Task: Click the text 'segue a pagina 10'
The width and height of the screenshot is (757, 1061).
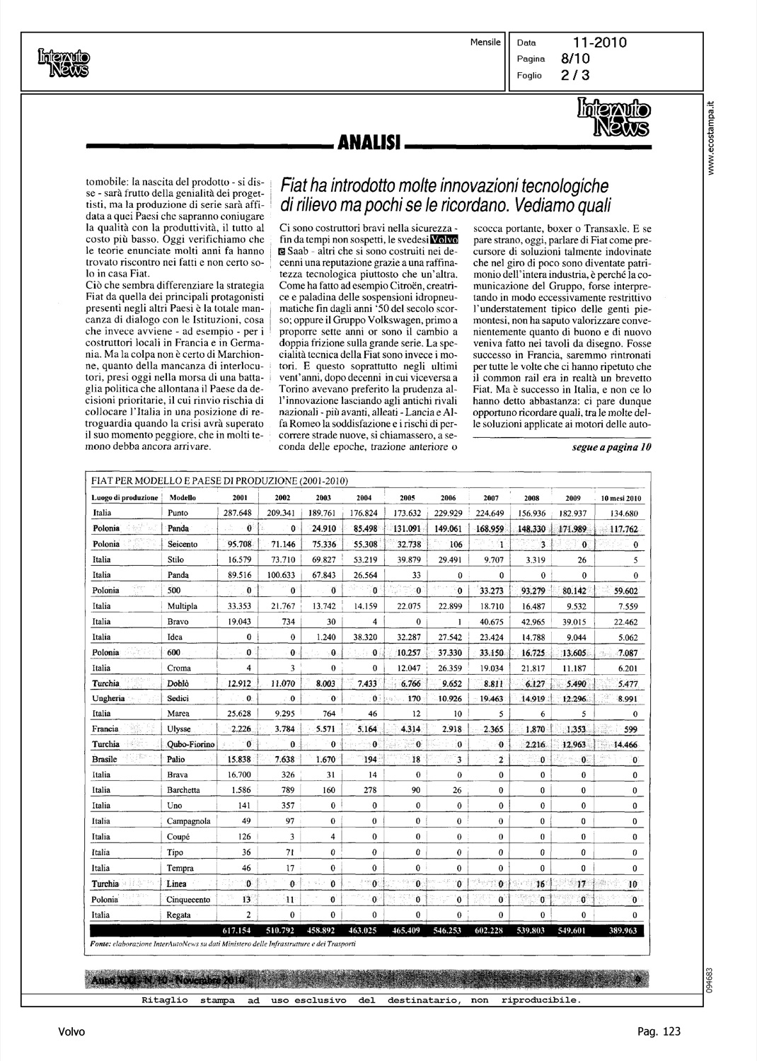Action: click(x=611, y=447)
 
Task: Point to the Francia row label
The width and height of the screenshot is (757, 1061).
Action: click(x=105, y=729)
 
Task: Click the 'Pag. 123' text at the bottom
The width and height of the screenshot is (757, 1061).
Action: click(x=659, y=1032)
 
